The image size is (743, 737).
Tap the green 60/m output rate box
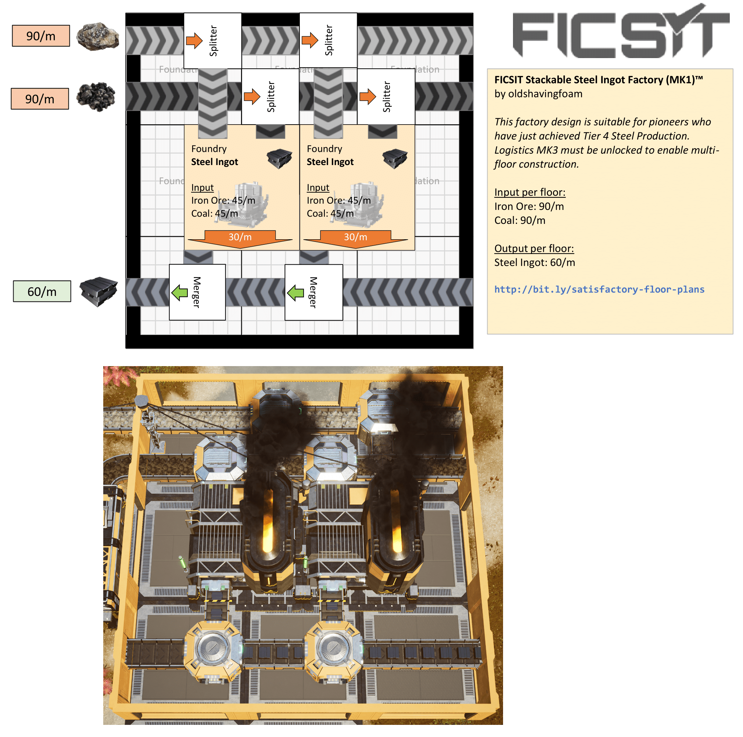click(x=42, y=291)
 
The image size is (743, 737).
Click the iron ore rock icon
click(x=97, y=36)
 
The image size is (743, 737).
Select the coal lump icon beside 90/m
click(x=96, y=96)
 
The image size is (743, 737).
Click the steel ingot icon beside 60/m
click(x=98, y=291)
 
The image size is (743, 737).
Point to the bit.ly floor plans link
click(x=599, y=289)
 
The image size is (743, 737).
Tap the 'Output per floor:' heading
click(x=534, y=248)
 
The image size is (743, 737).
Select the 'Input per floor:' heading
click(x=530, y=192)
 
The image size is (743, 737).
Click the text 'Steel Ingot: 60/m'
click(x=534, y=262)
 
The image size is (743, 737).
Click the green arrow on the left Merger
click(x=180, y=292)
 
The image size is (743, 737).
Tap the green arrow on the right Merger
click(x=295, y=293)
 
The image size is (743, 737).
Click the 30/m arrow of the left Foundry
click(x=240, y=238)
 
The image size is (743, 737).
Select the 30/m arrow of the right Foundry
click(x=355, y=238)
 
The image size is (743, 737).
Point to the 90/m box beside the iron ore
click(x=41, y=36)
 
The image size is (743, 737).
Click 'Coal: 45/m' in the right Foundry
click(x=330, y=214)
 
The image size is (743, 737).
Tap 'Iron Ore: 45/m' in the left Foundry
click(x=223, y=200)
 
